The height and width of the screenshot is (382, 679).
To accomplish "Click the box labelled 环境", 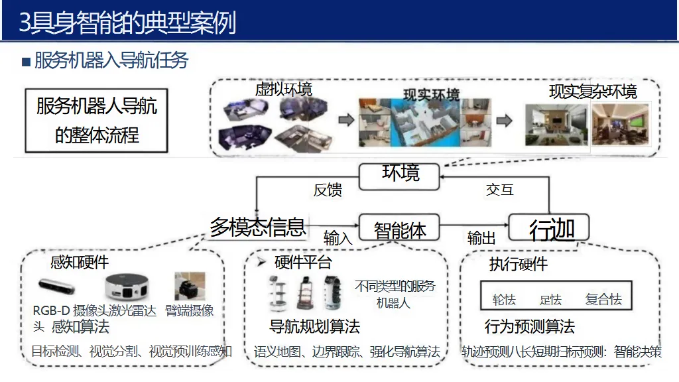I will (x=401, y=174).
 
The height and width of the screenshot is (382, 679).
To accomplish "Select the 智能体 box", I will (x=400, y=230).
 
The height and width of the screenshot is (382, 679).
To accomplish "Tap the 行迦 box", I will (x=551, y=229).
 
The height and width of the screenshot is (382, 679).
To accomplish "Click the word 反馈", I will (x=328, y=191).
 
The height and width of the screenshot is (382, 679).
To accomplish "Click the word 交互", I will (x=499, y=190).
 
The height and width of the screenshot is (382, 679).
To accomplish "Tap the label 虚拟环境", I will (x=283, y=89).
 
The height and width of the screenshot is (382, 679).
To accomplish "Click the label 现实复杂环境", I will (x=593, y=92).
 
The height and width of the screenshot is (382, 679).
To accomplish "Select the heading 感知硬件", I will (x=80, y=263).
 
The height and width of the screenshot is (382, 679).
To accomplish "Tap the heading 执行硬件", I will (x=519, y=265).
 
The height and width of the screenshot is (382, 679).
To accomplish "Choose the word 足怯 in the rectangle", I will (x=550, y=300).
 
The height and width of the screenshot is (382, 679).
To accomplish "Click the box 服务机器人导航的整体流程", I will (x=96, y=120).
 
